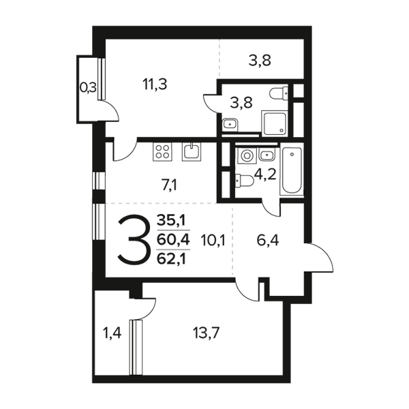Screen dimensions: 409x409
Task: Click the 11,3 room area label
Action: [x=155, y=85]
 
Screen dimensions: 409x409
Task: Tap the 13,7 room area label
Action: [x=206, y=333]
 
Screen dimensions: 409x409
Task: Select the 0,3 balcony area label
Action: [x=88, y=88]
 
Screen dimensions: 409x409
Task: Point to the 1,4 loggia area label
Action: [x=112, y=333]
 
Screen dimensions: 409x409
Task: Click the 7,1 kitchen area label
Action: [x=169, y=185]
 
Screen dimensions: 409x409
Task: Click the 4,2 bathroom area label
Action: [x=265, y=175]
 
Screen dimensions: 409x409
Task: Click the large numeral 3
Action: [x=134, y=240]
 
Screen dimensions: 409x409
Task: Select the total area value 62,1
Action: [x=171, y=259]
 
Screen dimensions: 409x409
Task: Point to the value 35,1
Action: [x=171, y=221]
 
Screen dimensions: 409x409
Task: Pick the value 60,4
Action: [x=173, y=240]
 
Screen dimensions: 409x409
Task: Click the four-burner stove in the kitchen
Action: [x=162, y=151]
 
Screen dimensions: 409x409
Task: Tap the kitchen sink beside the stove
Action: [x=192, y=151]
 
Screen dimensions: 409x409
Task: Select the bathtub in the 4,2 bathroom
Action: [x=292, y=171]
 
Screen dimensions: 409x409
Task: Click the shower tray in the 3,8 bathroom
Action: [x=275, y=123]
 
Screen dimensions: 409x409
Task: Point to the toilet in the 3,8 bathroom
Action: [x=279, y=93]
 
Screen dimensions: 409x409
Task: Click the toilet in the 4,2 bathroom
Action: [x=245, y=181]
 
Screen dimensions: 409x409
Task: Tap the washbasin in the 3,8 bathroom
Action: [x=230, y=125]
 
